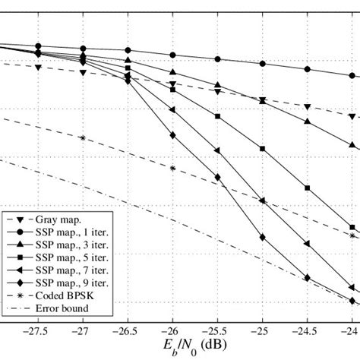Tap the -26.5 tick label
click(128, 332)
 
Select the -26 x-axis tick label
click(173, 332)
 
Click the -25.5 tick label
click(218, 332)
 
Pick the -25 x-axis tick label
click(263, 332)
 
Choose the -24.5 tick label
click(308, 332)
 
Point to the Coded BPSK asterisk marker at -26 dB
click(173, 168)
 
